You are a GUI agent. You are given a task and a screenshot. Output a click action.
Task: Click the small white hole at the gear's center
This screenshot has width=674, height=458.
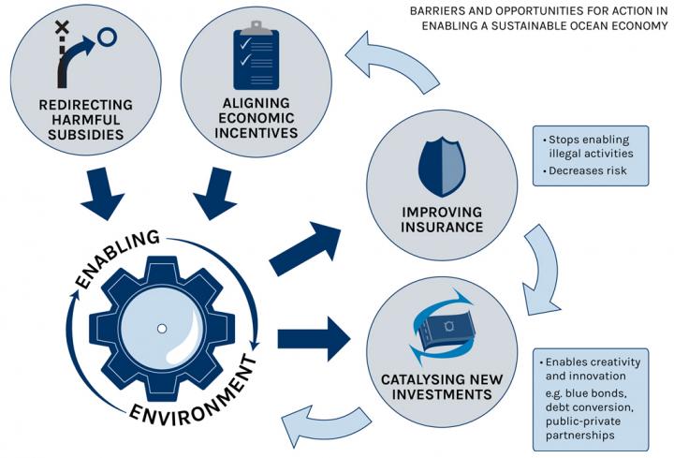click(162, 328)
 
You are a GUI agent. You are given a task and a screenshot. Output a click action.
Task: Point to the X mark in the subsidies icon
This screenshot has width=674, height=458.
click(62, 29)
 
